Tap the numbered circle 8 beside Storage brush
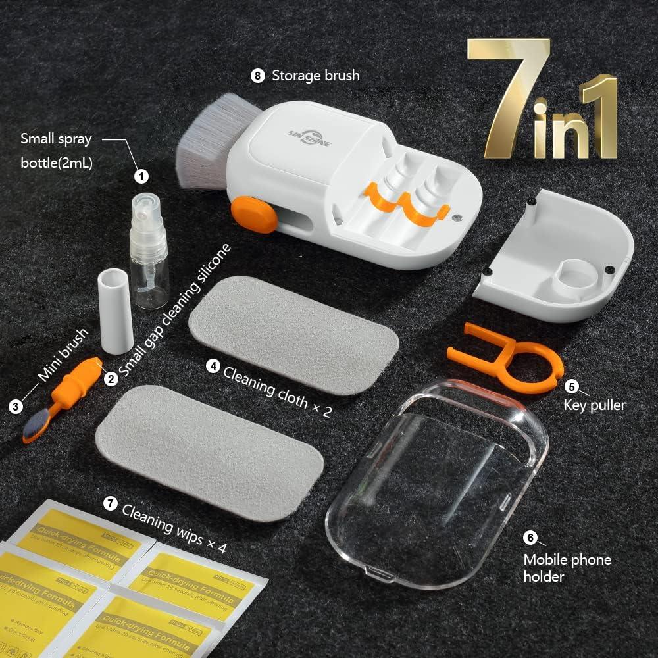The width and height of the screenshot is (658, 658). [x=257, y=76]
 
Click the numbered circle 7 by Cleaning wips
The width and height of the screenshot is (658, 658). [x=111, y=504]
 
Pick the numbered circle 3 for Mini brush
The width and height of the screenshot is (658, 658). [x=16, y=406]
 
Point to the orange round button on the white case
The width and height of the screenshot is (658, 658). [x=254, y=215]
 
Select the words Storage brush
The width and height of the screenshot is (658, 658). [x=316, y=76]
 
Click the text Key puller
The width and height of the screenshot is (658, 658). [x=594, y=405]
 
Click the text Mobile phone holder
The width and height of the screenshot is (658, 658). [x=567, y=568]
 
